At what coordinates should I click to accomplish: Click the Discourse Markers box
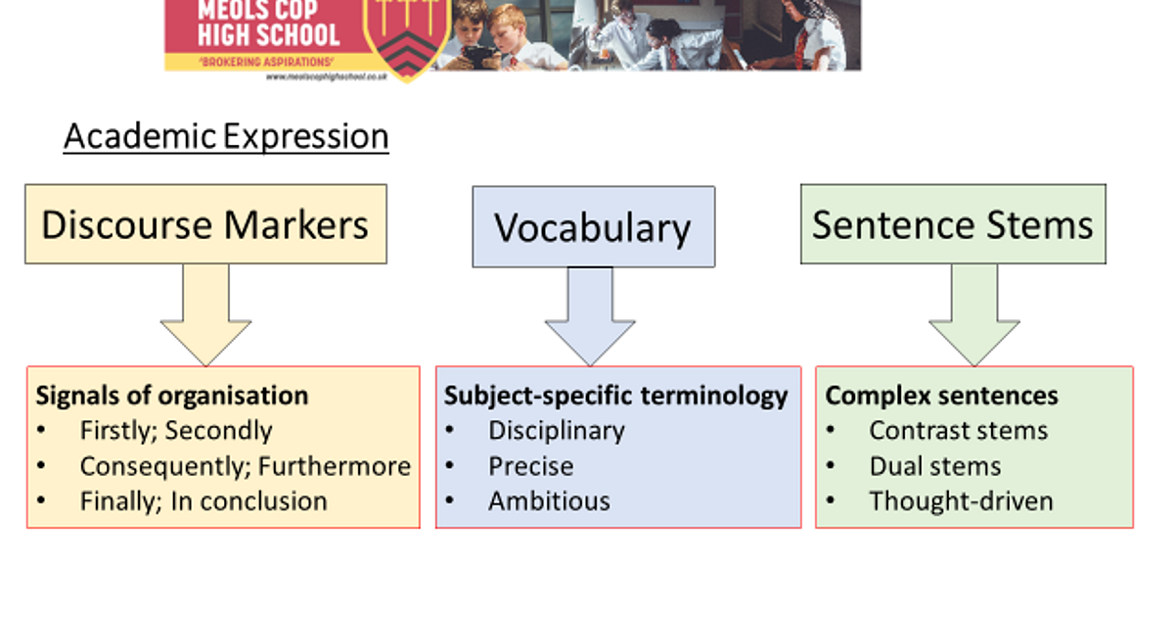205,224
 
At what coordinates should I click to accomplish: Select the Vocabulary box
593,227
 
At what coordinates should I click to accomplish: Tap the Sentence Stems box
953,224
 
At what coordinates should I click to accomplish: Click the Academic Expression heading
226,136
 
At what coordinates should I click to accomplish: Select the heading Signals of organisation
172,396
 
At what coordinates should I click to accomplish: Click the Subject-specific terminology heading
615,396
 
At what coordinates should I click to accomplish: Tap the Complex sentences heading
941,396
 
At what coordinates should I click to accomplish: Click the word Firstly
119,431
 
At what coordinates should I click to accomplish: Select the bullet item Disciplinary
556,431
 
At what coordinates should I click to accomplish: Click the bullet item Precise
530,466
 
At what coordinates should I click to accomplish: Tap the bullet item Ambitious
549,501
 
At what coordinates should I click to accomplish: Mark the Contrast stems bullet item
958,431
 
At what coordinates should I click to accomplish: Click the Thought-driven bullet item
961,501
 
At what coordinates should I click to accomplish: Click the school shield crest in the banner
407,37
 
